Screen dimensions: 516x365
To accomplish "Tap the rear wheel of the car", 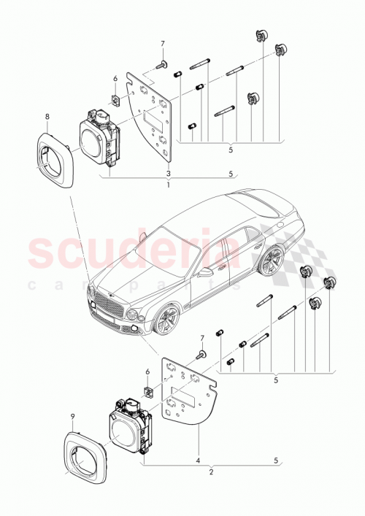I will [x=274, y=261].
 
